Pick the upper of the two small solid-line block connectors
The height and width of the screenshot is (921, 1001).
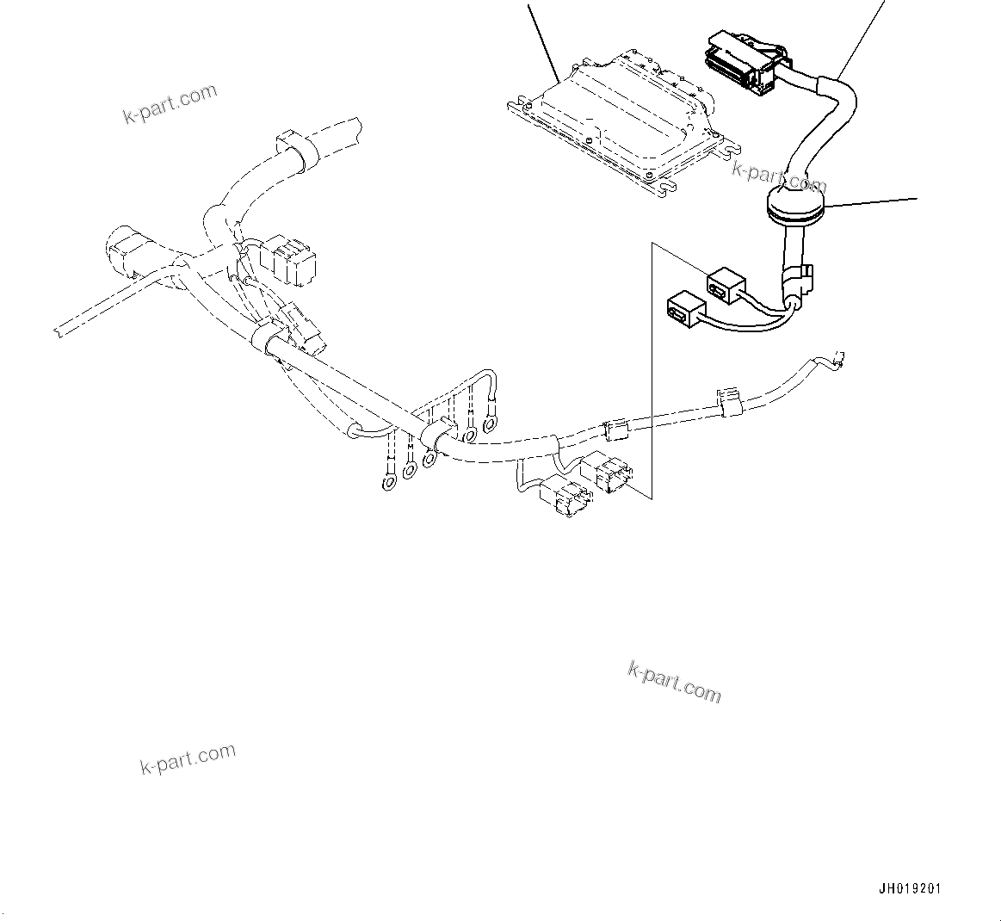(726, 286)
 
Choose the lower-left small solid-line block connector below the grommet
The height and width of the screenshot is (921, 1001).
(684, 307)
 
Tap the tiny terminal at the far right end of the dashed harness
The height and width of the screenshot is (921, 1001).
(840, 359)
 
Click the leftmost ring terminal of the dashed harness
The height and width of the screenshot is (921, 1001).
(388, 482)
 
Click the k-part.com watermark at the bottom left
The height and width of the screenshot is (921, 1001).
(188, 757)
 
